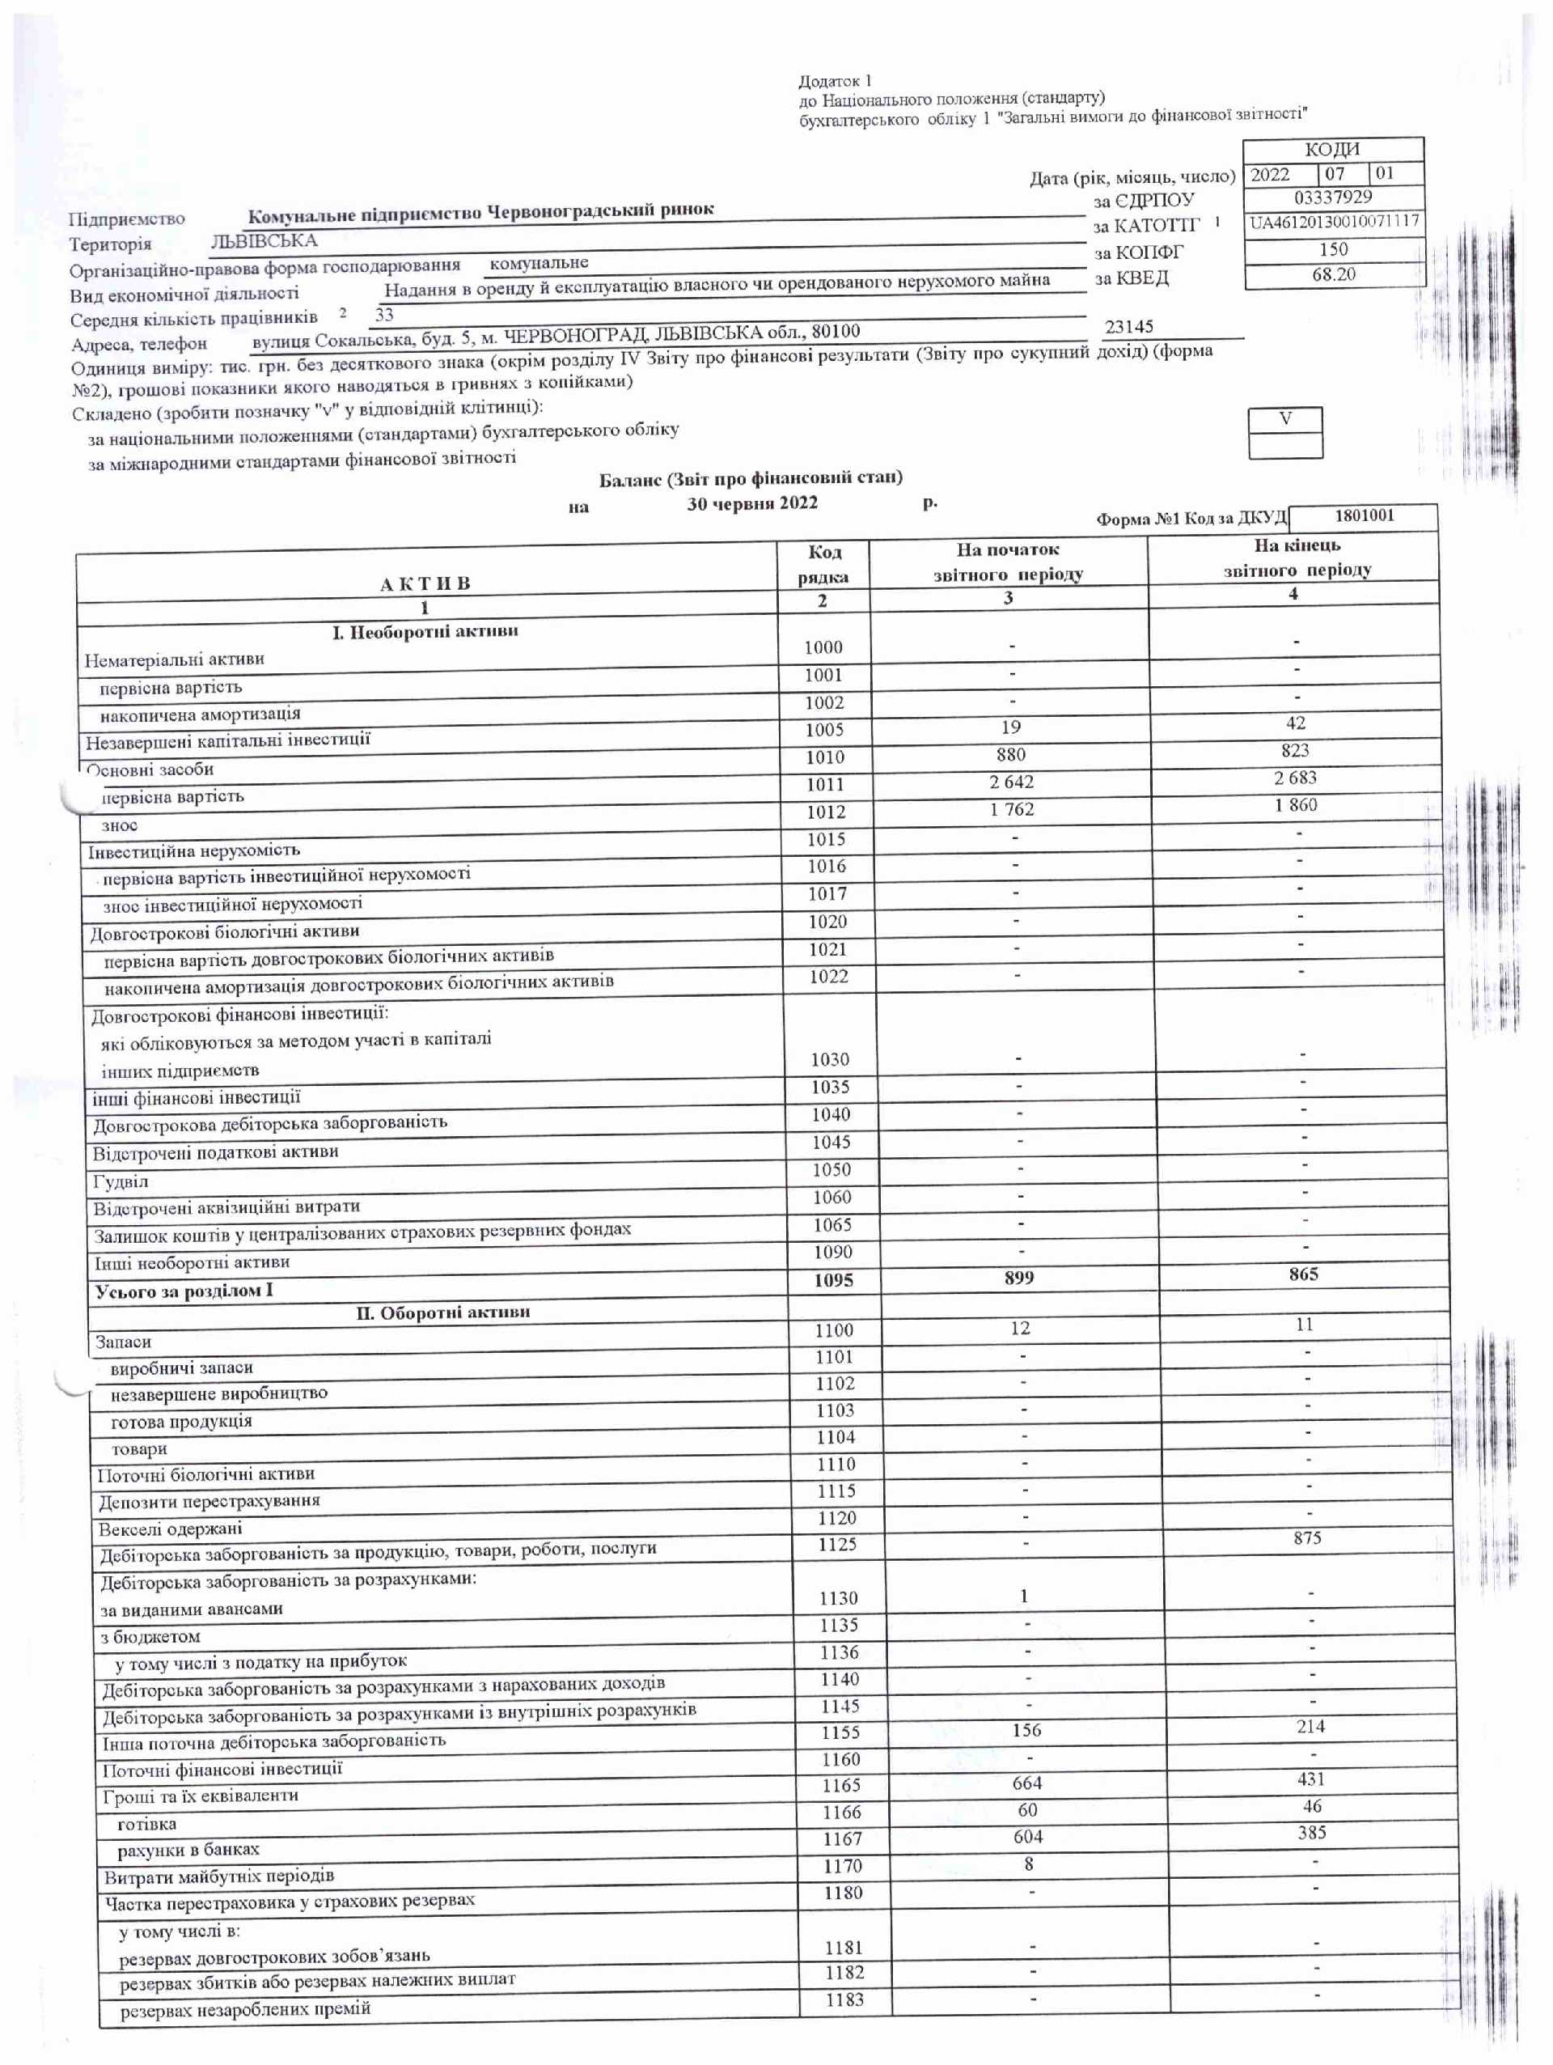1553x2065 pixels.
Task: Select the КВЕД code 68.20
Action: pos(1333,274)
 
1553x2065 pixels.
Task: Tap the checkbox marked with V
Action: pos(1285,419)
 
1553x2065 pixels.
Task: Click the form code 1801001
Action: pos(1364,515)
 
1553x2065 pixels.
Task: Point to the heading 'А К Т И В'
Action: pos(425,583)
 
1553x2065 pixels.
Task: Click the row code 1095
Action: pos(832,1280)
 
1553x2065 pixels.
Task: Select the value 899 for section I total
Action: pos(1018,1277)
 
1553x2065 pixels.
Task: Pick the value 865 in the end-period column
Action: pos(1303,1274)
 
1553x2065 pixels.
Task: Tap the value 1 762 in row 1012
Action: pos(1012,809)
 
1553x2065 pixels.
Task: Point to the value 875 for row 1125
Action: pos(1306,1537)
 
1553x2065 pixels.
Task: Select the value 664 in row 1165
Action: pos(1026,1783)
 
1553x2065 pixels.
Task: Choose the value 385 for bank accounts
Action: pos(1311,1833)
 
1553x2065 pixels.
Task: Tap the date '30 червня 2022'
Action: pos(752,503)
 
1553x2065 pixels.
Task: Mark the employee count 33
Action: pos(383,315)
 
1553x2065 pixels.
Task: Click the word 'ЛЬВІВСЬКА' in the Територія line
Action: pos(264,241)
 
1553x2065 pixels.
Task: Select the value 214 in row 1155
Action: pos(1310,1726)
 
